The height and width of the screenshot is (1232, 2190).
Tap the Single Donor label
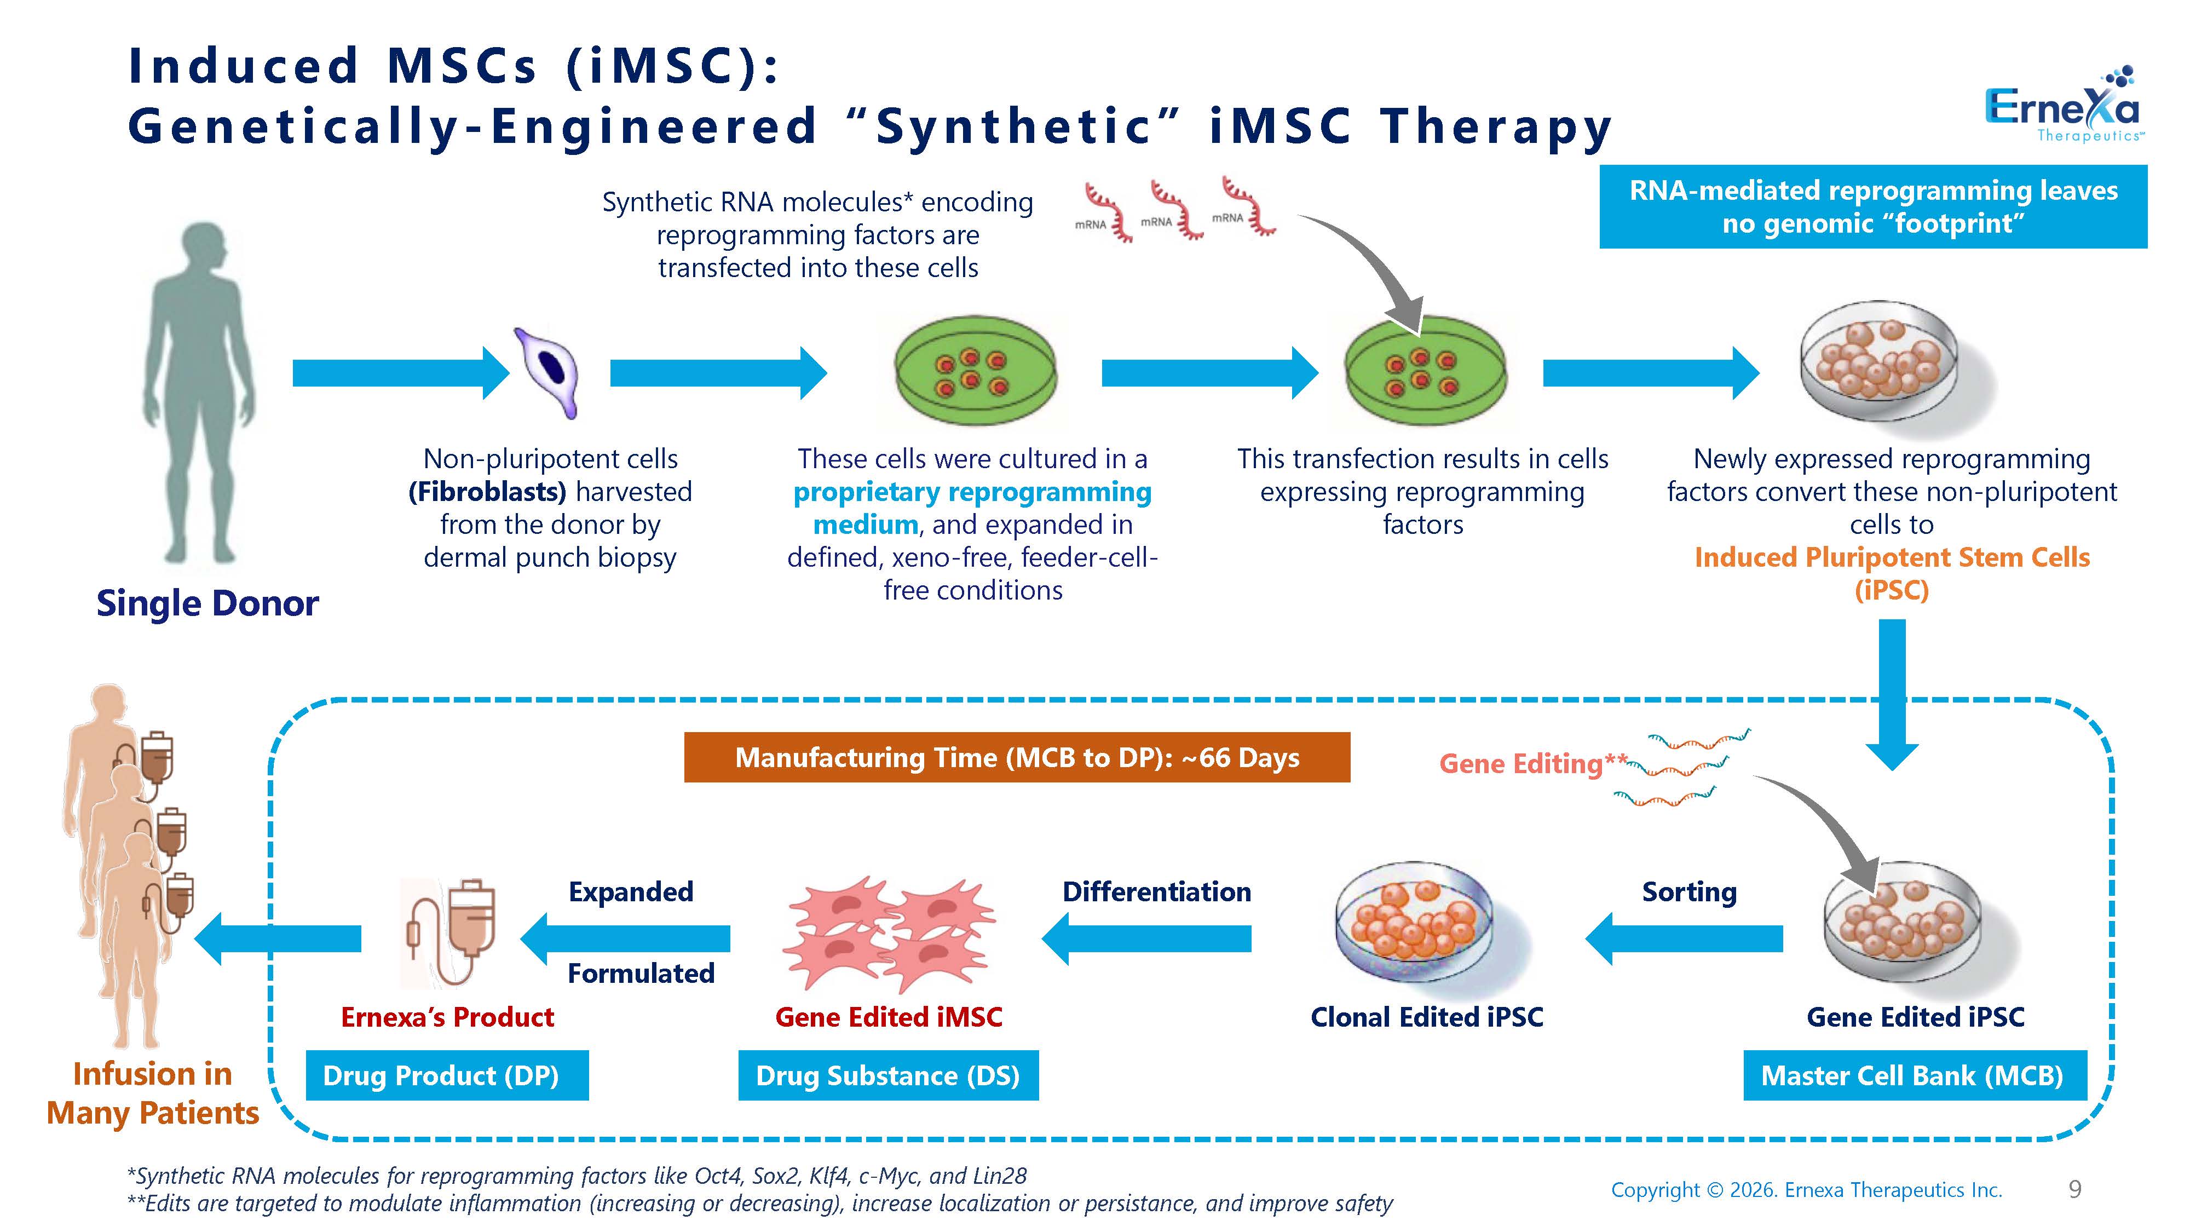[208, 603]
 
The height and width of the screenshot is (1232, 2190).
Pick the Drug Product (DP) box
[446, 1075]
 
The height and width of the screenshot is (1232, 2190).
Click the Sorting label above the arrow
[1688, 892]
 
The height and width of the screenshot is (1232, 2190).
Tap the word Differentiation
[1156, 892]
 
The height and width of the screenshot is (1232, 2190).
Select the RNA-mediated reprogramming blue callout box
[1873, 206]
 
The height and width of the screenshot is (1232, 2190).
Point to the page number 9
[2074, 1189]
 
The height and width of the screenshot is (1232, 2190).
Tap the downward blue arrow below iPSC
[1892, 694]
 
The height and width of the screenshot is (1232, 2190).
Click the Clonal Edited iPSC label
[1427, 1017]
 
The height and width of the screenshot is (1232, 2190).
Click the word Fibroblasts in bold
[487, 492]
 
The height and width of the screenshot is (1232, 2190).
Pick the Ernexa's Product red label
[447, 1017]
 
